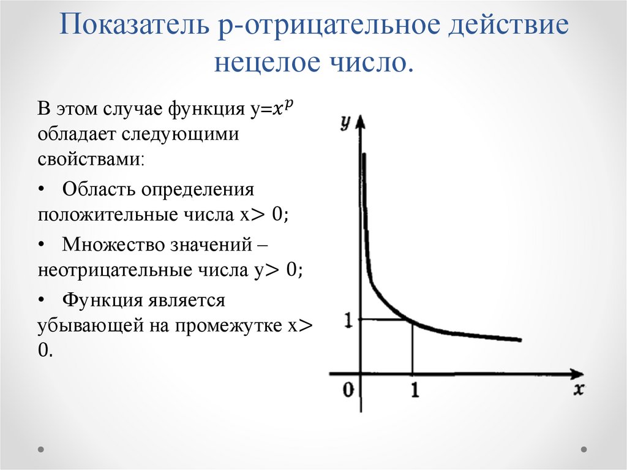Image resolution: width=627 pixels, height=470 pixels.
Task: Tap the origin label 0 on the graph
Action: pos(348,390)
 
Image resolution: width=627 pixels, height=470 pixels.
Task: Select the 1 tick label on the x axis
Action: pos(415,390)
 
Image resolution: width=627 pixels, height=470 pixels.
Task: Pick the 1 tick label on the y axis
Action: pos(347,319)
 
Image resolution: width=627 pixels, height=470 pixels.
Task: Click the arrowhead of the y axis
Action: pos(361,120)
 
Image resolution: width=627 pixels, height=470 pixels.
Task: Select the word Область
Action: pos(98,189)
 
